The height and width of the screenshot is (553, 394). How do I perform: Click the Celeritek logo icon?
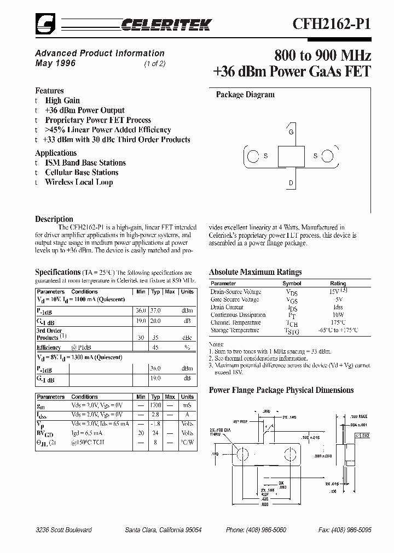pyautogui.click(x=43, y=23)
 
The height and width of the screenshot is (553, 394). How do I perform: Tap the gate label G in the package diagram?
pyautogui.click(x=291, y=132)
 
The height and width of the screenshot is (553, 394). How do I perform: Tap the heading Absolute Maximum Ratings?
pyautogui.click(x=255, y=272)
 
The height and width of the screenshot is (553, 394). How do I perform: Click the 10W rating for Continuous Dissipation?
pyautogui.click(x=338, y=315)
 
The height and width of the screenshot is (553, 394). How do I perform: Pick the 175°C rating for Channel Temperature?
pyautogui.click(x=338, y=322)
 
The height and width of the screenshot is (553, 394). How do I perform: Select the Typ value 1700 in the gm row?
pyautogui.click(x=155, y=407)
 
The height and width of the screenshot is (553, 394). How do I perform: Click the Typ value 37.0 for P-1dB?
pyautogui.click(x=155, y=310)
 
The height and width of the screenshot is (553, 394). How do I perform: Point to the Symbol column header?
pyautogui.click(x=292, y=284)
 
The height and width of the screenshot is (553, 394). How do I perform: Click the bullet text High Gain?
pyautogui.click(x=62, y=101)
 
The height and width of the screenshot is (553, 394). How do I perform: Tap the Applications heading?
pyautogui.click(x=56, y=153)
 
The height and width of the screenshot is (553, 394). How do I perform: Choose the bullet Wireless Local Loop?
pyautogui.click(x=79, y=182)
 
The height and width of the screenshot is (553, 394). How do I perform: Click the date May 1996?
pyautogui.click(x=55, y=63)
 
